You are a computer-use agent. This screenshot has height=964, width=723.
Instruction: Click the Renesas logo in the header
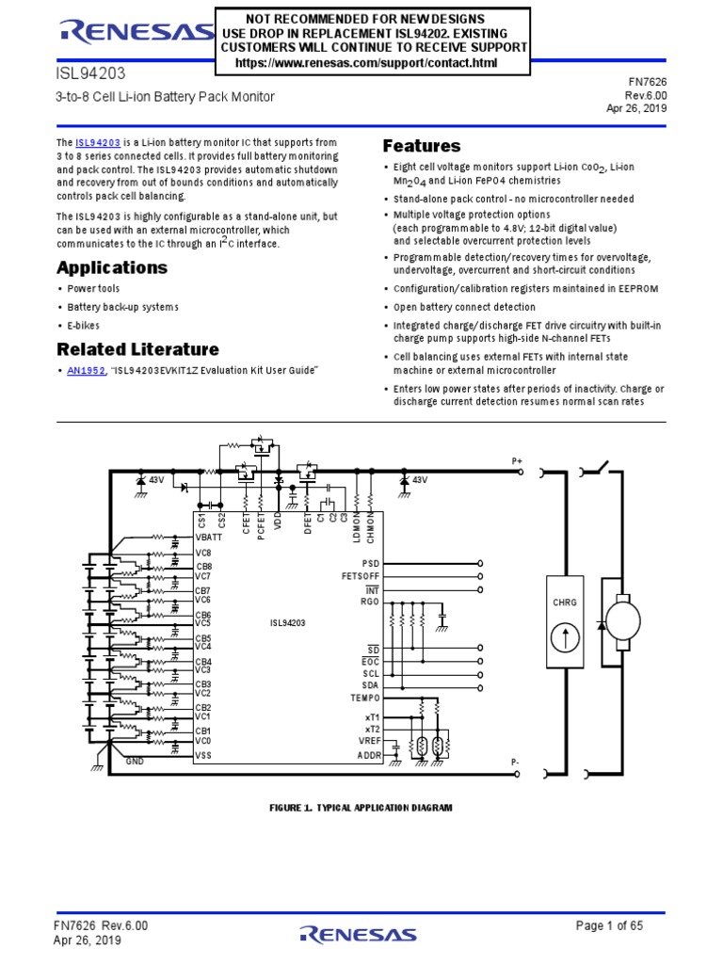(137, 32)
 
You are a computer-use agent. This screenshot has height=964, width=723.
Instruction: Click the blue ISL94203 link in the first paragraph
(98, 143)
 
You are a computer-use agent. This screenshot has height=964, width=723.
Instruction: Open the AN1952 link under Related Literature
(86, 371)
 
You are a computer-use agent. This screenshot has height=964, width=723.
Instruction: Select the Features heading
(421, 146)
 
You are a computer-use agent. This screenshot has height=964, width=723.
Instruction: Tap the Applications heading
(112, 267)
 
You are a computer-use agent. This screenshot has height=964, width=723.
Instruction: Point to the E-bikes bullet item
(83, 325)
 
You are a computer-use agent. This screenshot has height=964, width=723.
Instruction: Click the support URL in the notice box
(366, 63)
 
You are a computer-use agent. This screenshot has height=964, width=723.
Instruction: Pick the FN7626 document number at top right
(648, 82)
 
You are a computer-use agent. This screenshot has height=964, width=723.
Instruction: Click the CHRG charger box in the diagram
(565, 621)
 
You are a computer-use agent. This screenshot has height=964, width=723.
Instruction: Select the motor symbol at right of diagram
(623, 620)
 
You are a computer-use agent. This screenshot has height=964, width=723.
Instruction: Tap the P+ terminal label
(517, 461)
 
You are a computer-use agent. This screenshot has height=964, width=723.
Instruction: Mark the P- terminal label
(515, 763)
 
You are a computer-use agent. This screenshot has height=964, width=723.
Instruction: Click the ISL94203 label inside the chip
(287, 623)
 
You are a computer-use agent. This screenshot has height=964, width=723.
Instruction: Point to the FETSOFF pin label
(361, 576)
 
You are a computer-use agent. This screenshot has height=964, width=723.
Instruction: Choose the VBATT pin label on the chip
(209, 538)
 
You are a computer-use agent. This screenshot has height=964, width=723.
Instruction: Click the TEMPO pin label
(365, 698)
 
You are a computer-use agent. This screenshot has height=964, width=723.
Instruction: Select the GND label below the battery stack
(135, 761)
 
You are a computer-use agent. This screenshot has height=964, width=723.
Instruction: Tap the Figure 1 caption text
(361, 808)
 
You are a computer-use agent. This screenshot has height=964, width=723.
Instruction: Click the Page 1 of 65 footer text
(609, 925)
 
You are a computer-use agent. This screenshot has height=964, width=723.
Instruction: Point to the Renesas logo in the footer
(359, 935)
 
